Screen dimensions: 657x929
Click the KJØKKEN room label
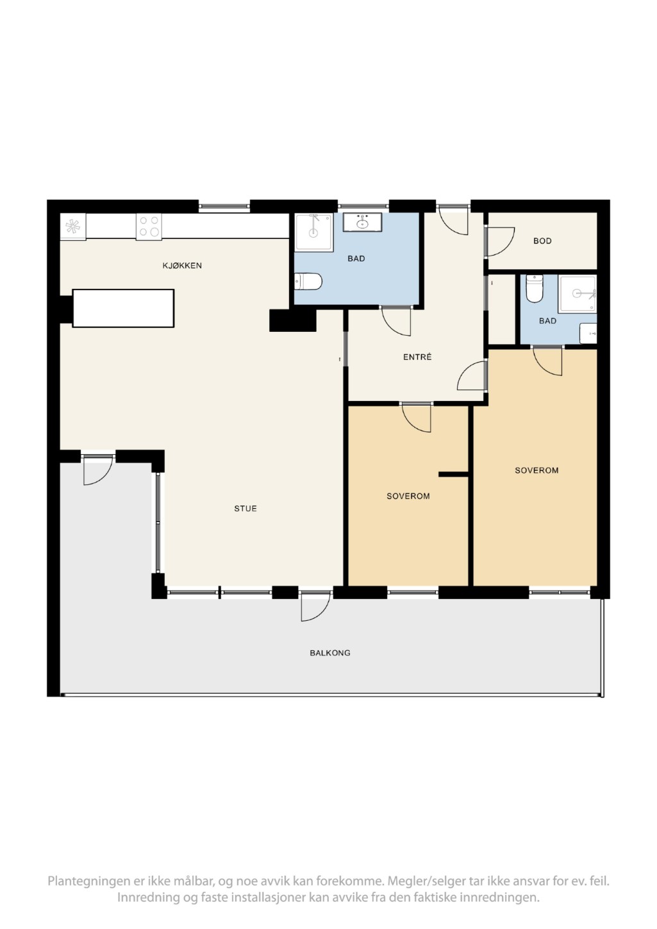click(x=182, y=265)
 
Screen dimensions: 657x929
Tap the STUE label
click(x=245, y=509)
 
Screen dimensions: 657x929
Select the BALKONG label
click(x=330, y=653)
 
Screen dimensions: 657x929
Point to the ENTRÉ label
click(x=417, y=357)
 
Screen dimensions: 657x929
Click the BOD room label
click(x=542, y=241)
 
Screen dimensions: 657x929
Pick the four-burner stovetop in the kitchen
click(x=149, y=226)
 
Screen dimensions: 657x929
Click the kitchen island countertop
click(x=123, y=308)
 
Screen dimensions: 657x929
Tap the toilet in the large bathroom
click(x=308, y=282)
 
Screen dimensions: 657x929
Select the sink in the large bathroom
click(x=362, y=223)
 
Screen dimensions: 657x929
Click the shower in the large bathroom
click(x=314, y=232)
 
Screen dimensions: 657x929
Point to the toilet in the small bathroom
click(x=534, y=289)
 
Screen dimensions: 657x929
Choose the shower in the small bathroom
click(x=578, y=293)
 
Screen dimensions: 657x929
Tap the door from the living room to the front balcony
click(x=315, y=606)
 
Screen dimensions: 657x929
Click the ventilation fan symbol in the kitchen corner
click(x=72, y=226)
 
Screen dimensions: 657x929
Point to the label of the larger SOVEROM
click(x=536, y=470)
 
